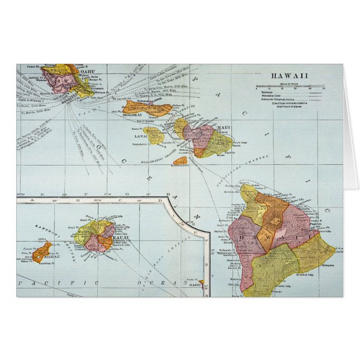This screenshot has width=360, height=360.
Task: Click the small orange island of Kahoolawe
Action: (181, 159)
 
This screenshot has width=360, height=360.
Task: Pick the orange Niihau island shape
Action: (42, 250)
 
